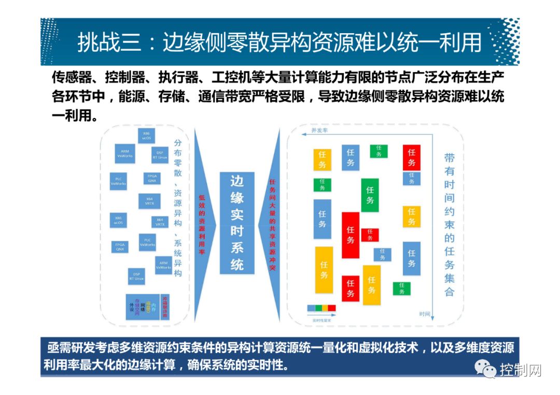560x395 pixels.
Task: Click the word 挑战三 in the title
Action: tap(109, 42)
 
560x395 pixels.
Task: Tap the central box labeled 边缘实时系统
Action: tap(237, 223)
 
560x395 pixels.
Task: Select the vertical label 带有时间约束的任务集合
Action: tap(449, 225)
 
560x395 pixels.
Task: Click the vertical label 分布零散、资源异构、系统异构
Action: tap(178, 207)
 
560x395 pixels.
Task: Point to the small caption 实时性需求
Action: tap(321, 320)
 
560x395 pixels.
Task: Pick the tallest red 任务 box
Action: tap(351, 235)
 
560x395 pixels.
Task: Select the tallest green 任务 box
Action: tap(370, 195)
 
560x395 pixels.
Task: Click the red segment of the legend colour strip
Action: tap(332, 308)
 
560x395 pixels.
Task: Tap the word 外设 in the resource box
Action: tap(132, 306)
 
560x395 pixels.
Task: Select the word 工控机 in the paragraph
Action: tap(230, 78)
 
